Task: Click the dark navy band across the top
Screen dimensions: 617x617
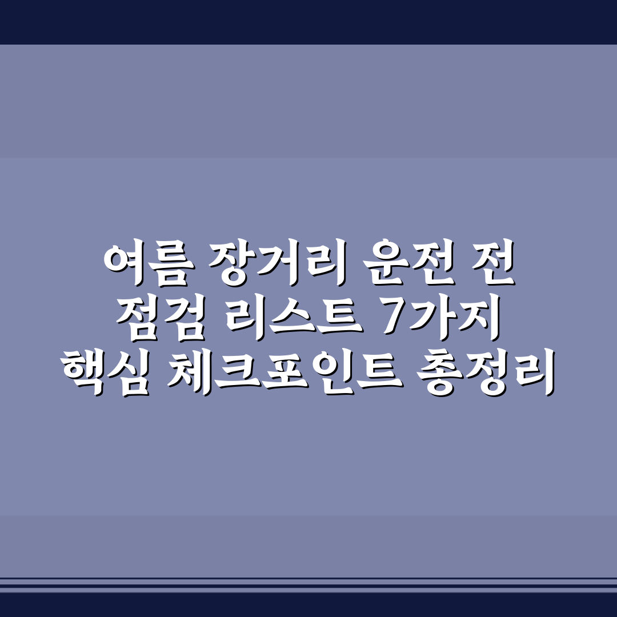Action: (x=308, y=22)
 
